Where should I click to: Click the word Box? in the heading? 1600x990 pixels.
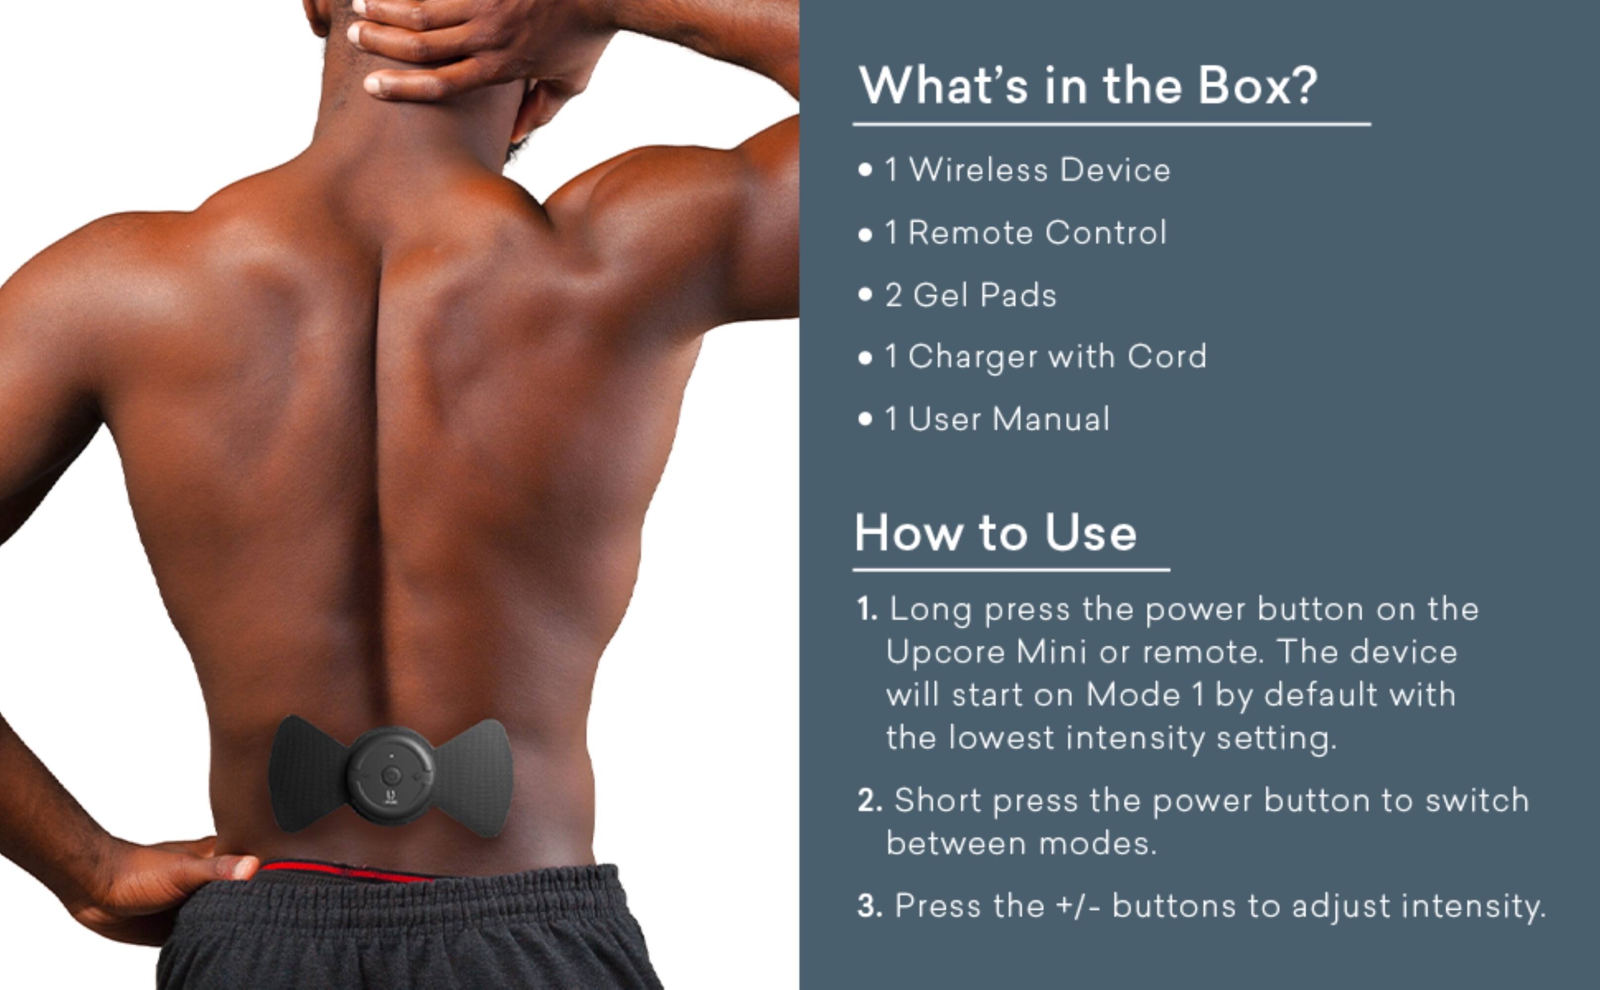click(1257, 86)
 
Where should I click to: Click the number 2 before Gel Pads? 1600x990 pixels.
click(893, 296)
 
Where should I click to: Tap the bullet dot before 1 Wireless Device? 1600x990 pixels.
click(865, 170)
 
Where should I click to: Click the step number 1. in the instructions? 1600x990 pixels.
click(867, 609)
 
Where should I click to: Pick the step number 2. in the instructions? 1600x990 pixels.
click(870, 801)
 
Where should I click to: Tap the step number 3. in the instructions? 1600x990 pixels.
click(870, 906)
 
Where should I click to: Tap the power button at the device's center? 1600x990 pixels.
click(391, 775)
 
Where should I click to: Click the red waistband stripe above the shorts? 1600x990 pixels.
click(340, 872)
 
